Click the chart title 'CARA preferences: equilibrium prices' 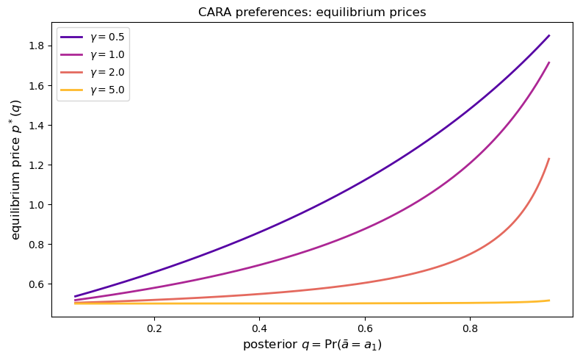[x=312, y=12]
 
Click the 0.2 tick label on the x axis [x=154, y=328]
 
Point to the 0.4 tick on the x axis [x=259, y=328]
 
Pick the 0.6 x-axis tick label [x=365, y=328]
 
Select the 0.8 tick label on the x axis [x=470, y=328]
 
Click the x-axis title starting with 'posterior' [x=312, y=345]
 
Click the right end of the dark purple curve [x=549, y=35]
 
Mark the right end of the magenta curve [x=549, y=62]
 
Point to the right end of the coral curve [x=549, y=159]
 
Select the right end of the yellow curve [x=549, y=300]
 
